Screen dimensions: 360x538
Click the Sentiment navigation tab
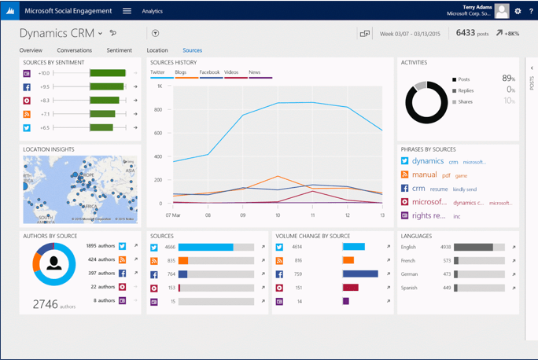[x=120, y=50]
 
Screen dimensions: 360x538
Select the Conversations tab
[x=75, y=50]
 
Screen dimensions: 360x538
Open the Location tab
[x=157, y=50]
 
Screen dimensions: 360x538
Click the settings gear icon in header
[x=518, y=11]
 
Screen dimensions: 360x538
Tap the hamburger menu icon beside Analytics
[x=127, y=11]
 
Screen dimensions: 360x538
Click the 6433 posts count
[x=473, y=33]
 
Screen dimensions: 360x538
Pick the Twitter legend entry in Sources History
[x=158, y=72]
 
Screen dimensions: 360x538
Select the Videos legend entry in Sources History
[x=231, y=72]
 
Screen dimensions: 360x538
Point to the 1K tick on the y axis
[x=160, y=86]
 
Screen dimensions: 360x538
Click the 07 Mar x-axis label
[x=173, y=215]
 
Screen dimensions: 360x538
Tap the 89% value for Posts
[x=508, y=79]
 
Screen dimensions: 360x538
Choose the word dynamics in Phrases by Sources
[x=428, y=161]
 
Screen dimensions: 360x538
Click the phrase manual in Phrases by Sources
[x=425, y=175]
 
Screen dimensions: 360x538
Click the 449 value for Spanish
[x=447, y=287]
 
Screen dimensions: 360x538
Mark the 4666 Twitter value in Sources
[x=170, y=247]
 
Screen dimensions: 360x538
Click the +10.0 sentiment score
[x=44, y=73]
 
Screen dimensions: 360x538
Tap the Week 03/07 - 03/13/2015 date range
[x=411, y=34]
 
